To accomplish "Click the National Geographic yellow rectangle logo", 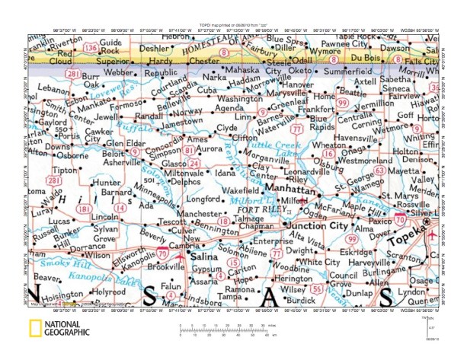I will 34,330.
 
